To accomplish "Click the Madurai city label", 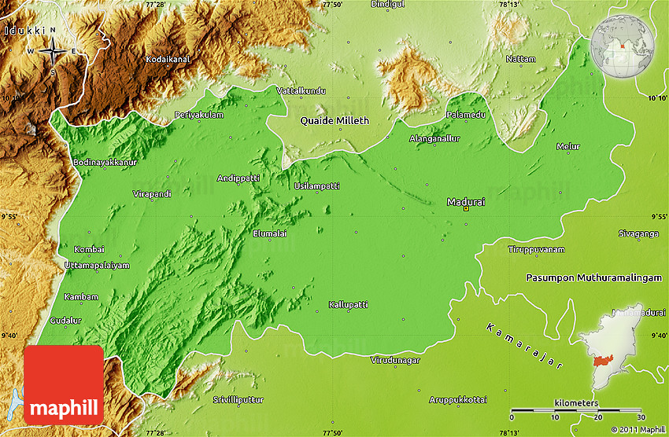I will pyautogui.click(x=466, y=201).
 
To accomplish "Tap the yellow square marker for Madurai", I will pyautogui.click(x=466, y=209).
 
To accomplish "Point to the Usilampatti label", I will pyautogui.click(x=316, y=185).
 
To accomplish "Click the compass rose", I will pyautogui.click(x=53, y=52).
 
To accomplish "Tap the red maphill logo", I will pyautogui.click(x=64, y=384).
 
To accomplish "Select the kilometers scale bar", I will pyautogui.click(x=577, y=410).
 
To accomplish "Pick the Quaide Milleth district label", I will pyautogui.click(x=334, y=121).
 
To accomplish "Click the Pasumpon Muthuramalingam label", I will pyautogui.click(x=596, y=278).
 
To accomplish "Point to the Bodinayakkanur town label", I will pyautogui.click(x=105, y=162).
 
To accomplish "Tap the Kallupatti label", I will pyautogui.click(x=349, y=303).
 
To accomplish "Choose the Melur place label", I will pyautogui.click(x=567, y=146).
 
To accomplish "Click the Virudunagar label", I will pyautogui.click(x=395, y=360).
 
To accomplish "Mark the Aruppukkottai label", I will pyautogui.click(x=458, y=400).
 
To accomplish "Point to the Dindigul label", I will pyautogui.click(x=386, y=5).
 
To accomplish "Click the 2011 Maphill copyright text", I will pyautogui.click(x=637, y=429).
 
